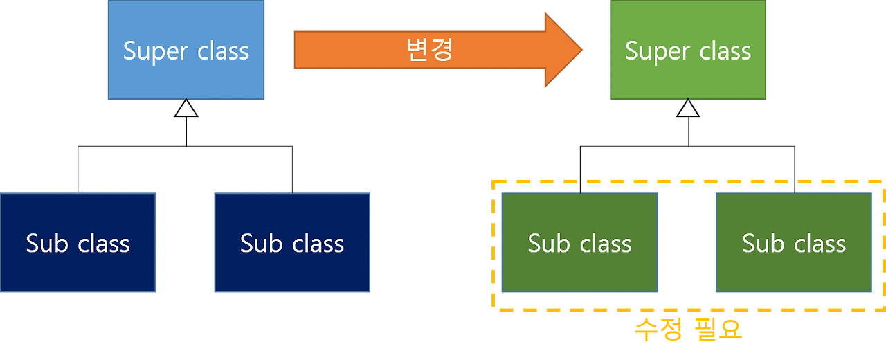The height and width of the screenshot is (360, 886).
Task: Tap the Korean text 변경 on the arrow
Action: point(430,51)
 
